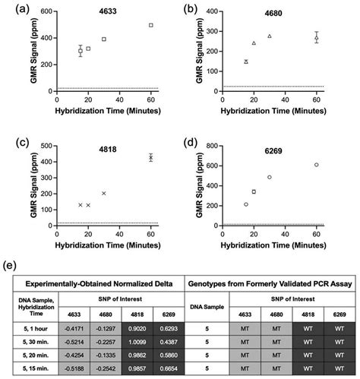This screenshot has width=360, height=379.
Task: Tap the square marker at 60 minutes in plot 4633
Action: click(151, 25)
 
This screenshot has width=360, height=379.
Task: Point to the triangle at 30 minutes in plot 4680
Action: click(270, 36)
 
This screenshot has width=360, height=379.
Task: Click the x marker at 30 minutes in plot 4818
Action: click(104, 193)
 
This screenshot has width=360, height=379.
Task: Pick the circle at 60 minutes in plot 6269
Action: click(317, 165)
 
